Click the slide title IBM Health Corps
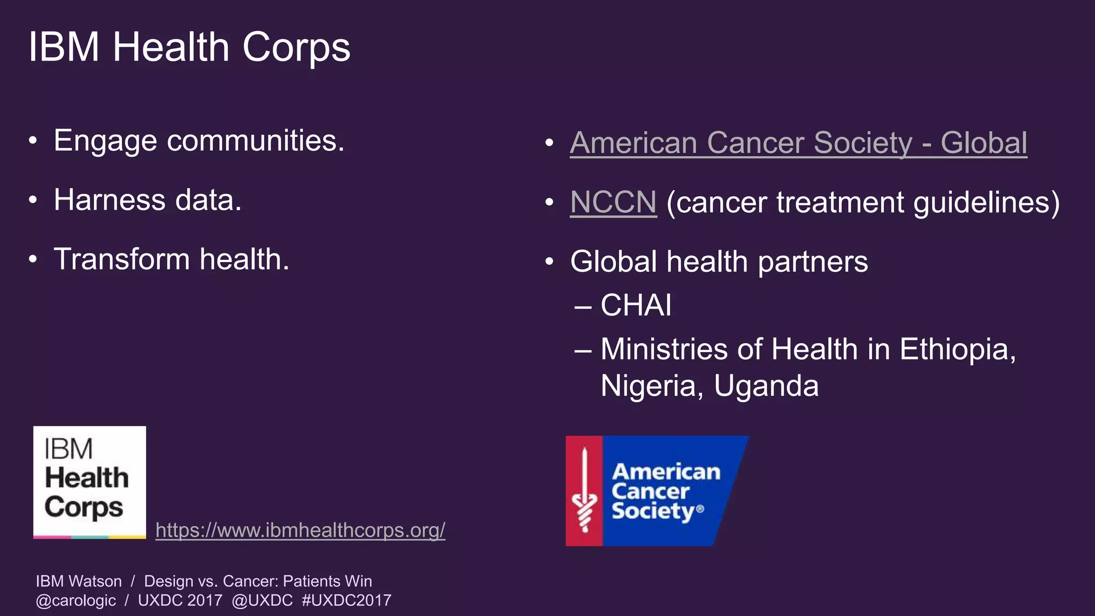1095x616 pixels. pos(189,48)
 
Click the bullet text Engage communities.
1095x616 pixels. pos(199,141)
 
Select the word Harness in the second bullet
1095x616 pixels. pos(110,201)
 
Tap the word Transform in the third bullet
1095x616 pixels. pos(122,260)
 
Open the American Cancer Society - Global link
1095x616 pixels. pos(798,143)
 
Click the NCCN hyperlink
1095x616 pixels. pos(613,203)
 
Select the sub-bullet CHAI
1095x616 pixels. pos(635,306)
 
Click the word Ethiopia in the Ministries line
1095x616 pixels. pos(957,350)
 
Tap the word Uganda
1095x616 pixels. pos(766,386)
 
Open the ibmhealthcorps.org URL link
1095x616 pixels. pos(300,530)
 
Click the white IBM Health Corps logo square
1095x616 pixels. pos(89,482)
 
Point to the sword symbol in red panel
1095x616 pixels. pos(584,491)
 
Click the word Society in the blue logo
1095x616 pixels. pos(652,511)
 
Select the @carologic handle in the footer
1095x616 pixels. pos(75,600)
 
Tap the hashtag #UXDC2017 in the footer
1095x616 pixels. pos(346,600)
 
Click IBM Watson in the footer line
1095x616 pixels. pos(79,581)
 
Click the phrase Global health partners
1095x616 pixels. pos(719,262)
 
